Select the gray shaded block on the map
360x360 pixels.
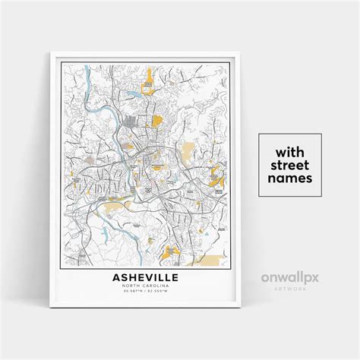[131, 122]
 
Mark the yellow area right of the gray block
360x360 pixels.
[156, 120]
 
